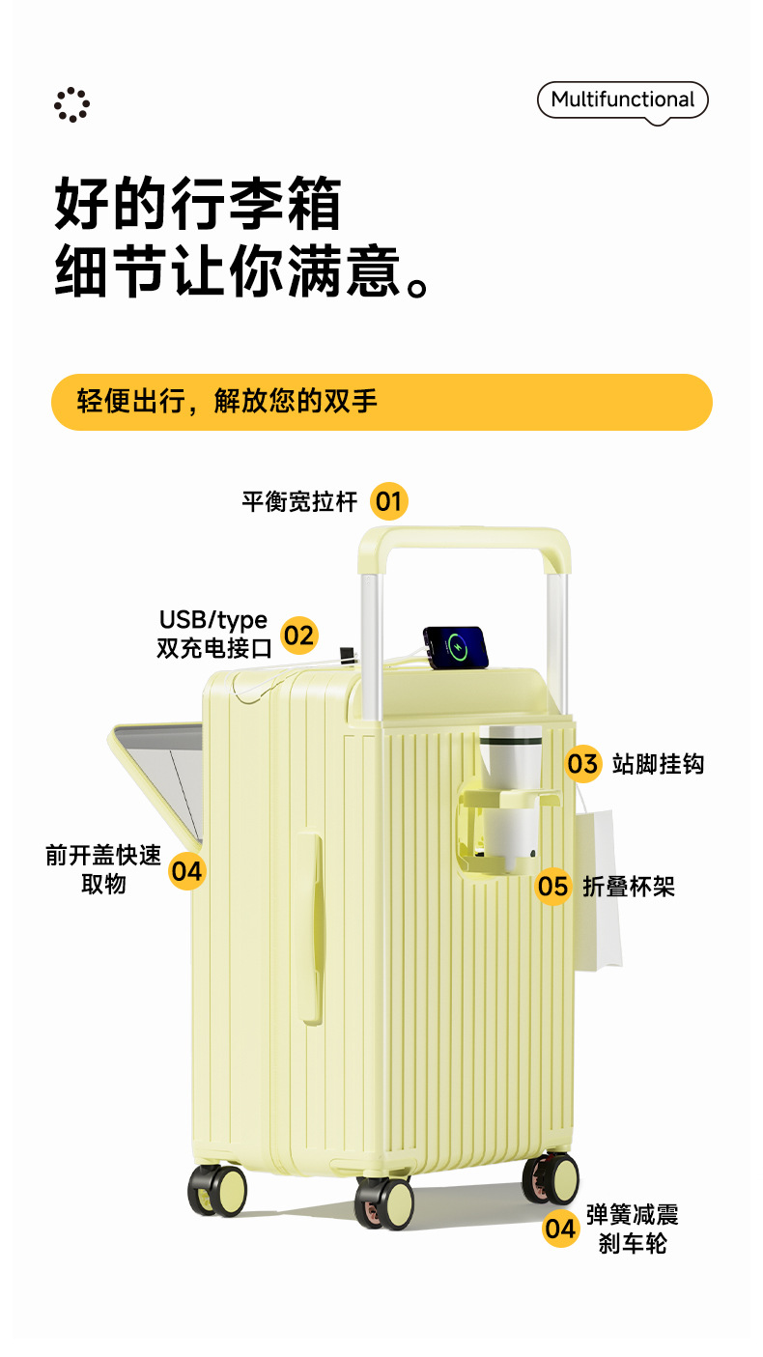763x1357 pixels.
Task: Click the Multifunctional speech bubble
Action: coord(622,100)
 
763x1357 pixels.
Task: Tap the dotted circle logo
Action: coord(71,104)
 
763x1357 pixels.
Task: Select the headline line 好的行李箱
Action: coord(198,202)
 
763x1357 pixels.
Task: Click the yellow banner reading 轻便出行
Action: coord(381,402)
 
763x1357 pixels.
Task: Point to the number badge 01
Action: coord(388,501)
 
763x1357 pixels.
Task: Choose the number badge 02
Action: coord(298,635)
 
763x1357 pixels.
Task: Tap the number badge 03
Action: coord(582,764)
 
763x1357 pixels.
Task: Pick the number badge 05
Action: coord(553,886)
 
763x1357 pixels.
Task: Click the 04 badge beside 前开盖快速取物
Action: coord(186,871)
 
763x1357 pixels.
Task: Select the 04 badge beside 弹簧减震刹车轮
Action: coord(560,1229)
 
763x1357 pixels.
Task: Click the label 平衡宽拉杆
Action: coord(299,502)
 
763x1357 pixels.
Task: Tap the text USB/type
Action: coord(213,620)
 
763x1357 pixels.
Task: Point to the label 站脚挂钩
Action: coord(658,765)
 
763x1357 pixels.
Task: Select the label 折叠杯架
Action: coord(629,887)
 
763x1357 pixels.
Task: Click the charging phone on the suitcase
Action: coord(456,647)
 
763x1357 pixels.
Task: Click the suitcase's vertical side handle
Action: coord(311,924)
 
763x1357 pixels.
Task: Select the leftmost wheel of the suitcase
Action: coord(218,1189)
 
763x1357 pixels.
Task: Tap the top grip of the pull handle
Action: coord(464,537)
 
